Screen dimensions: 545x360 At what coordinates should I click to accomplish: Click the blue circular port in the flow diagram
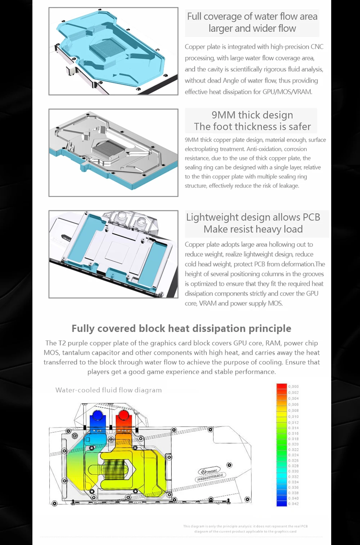point(97,415)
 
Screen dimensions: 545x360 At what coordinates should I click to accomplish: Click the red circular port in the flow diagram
point(123,415)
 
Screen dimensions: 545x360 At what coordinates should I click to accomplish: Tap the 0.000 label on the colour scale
point(293,387)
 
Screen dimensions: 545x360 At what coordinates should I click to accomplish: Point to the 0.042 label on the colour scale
point(293,504)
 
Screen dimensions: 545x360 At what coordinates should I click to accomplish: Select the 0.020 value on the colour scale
point(293,444)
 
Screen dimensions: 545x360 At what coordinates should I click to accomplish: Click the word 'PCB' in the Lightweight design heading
point(311,217)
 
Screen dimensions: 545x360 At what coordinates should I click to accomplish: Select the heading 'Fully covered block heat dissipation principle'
point(181,328)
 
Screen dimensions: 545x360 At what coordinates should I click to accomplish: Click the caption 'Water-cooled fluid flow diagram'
point(108,390)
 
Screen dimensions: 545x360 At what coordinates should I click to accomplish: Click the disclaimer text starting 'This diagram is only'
point(246,528)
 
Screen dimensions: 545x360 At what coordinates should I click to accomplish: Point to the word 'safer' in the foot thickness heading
point(300,127)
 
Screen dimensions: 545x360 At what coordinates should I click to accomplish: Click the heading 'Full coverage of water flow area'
point(252,17)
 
